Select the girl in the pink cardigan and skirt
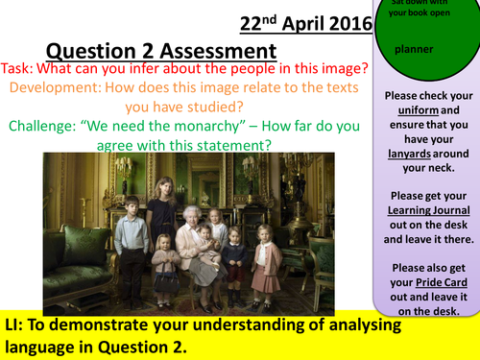[x=267, y=264]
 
